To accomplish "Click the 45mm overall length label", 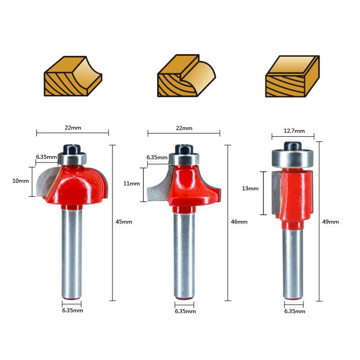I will (x=124, y=221).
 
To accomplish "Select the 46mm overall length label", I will (x=239, y=221).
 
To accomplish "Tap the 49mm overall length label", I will (x=331, y=221).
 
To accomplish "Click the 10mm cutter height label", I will (x=21, y=181).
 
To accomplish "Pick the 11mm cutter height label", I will (x=131, y=184).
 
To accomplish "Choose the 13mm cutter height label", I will (x=250, y=189).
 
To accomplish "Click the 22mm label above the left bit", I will (x=73, y=128).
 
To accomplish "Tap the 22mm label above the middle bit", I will (x=184, y=128).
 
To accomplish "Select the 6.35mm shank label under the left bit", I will (x=72, y=310).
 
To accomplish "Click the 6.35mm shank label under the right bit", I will (x=294, y=311).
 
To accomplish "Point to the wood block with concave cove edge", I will (x=72, y=76).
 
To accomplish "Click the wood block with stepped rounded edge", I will (x=185, y=76).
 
